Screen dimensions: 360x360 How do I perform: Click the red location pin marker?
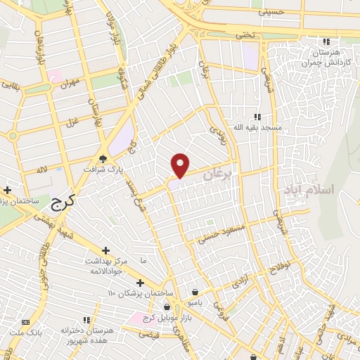[x=181, y=165]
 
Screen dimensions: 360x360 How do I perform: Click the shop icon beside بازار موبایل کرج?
[x=167, y=307]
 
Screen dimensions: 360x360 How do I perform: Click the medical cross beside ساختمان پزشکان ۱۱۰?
[x=140, y=282]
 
